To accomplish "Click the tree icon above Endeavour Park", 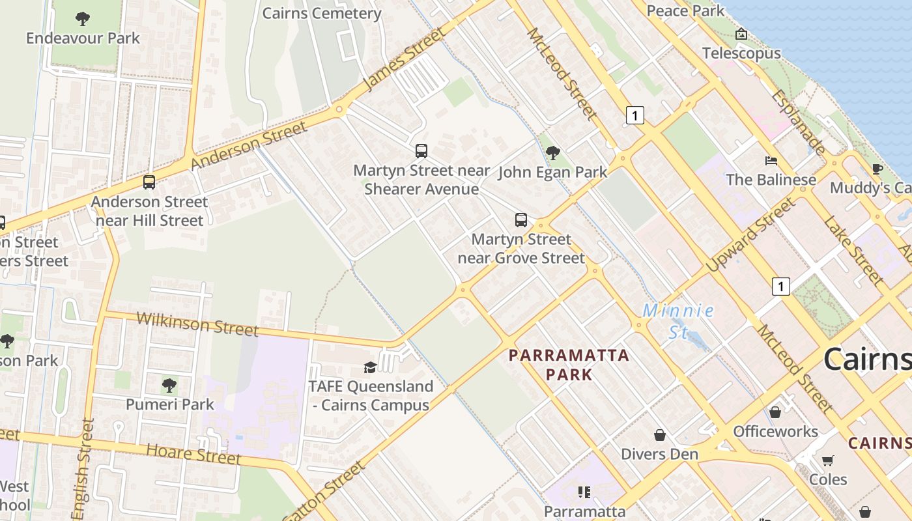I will pyautogui.click(x=83, y=18).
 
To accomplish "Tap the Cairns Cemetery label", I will pyautogui.click(x=322, y=13).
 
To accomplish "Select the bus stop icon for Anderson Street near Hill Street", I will pyautogui.click(x=149, y=182).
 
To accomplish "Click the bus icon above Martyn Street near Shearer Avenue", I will pyautogui.click(x=421, y=151).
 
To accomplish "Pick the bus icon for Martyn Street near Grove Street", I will pyautogui.click(x=521, y=220).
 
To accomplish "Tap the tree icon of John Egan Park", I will pyautogui.click(x=553, y=153).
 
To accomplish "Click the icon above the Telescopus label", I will pyautogui.click(x=741, y=34).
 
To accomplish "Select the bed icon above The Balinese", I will pyautogui.click(x=771, y=160).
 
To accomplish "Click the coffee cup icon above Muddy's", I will pyautogui.click(x=877, y=169).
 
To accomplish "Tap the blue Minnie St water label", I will pyautogui.click(x=678, y=321).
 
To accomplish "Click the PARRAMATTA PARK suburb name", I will pyautogui.click(x=569, y=365).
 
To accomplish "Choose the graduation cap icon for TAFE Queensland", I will pyautogui.click(x=370, y=367).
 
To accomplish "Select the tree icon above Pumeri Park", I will pyautogui.click(x=169, y=386).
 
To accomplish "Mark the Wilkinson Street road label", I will pyautogui.click(x=198, y=324).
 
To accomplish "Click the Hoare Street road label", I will pyautogui.click(x=193, y=454).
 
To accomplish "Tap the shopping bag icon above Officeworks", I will pyautogui.click(x=775, y=412).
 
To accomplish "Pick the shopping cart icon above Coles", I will pyautogui.click(x=828, y=461).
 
